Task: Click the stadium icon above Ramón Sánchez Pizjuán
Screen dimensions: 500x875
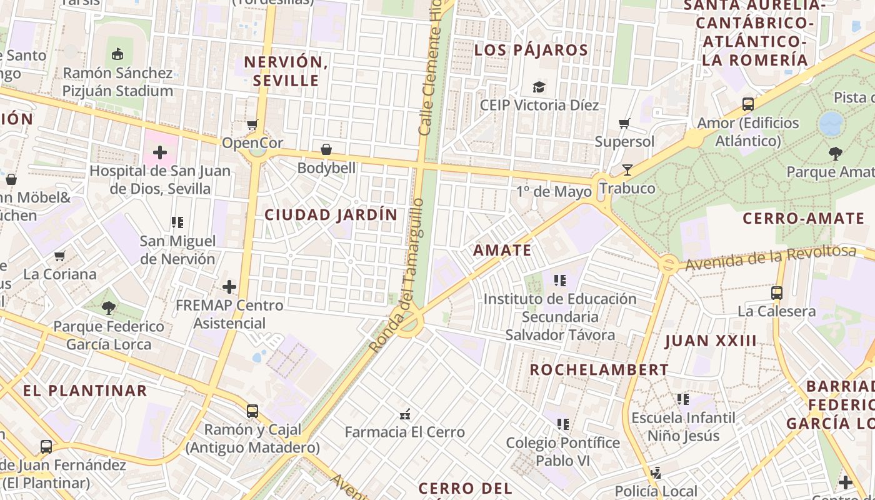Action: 117,54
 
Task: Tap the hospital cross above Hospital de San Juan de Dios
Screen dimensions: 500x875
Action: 160,152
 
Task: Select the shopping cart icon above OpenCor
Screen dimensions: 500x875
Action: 252,124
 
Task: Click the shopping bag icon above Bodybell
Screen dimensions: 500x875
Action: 326,149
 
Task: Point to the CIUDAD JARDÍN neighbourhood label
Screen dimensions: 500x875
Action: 331,215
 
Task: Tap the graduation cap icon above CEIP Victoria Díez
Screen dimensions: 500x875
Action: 539,87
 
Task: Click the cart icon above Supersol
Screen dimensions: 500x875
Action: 624,123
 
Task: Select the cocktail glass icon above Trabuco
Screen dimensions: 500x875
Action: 627,170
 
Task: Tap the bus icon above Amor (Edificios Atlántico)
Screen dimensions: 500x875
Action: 747,104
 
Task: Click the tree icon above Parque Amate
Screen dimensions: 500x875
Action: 835,153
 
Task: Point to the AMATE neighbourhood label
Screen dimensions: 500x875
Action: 502,251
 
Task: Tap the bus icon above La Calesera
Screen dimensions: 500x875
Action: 776,292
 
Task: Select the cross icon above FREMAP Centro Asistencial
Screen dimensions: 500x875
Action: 229,287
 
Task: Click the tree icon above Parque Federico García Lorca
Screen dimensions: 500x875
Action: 109,307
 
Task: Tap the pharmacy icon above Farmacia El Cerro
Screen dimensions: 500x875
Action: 405,414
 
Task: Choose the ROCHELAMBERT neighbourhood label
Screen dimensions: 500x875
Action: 599,370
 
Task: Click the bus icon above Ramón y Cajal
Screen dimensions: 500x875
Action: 252,411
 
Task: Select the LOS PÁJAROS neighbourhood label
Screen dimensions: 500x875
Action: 531,50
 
